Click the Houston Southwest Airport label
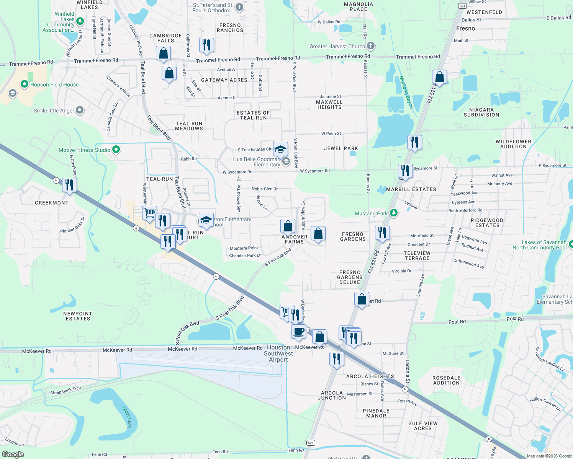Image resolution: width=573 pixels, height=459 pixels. (278, 353)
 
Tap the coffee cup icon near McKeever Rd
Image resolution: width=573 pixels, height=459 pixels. (298, 331)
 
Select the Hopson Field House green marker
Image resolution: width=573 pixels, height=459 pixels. (25, 84)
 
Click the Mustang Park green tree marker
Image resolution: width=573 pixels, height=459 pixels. (393, 213)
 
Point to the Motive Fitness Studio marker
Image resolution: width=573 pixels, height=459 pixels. (116, 150)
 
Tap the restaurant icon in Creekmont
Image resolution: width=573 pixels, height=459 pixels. (69, 185)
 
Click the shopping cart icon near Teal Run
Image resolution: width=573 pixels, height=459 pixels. (149, 212)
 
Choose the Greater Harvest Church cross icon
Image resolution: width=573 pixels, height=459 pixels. (370, 46)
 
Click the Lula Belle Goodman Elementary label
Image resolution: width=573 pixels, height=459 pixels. (256, 162)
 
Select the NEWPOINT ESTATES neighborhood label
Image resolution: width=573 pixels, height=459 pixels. (78, 316)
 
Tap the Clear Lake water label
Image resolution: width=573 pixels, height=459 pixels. (127, 417)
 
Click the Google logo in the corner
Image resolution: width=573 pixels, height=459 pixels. (13, 454)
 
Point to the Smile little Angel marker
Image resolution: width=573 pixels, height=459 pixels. (79, 110)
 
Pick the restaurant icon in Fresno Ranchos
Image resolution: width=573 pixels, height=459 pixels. (206, 44)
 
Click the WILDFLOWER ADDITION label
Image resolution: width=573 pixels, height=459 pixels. (513, 144)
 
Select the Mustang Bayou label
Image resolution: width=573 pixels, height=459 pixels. (406, 92)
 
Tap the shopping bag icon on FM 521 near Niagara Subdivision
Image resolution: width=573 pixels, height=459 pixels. (439, 77)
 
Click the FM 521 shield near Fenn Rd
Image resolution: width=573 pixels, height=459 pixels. (311, 443)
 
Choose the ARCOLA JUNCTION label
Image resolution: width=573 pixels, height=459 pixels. (332, 395)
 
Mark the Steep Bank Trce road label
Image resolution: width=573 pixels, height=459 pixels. (65, 391)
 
